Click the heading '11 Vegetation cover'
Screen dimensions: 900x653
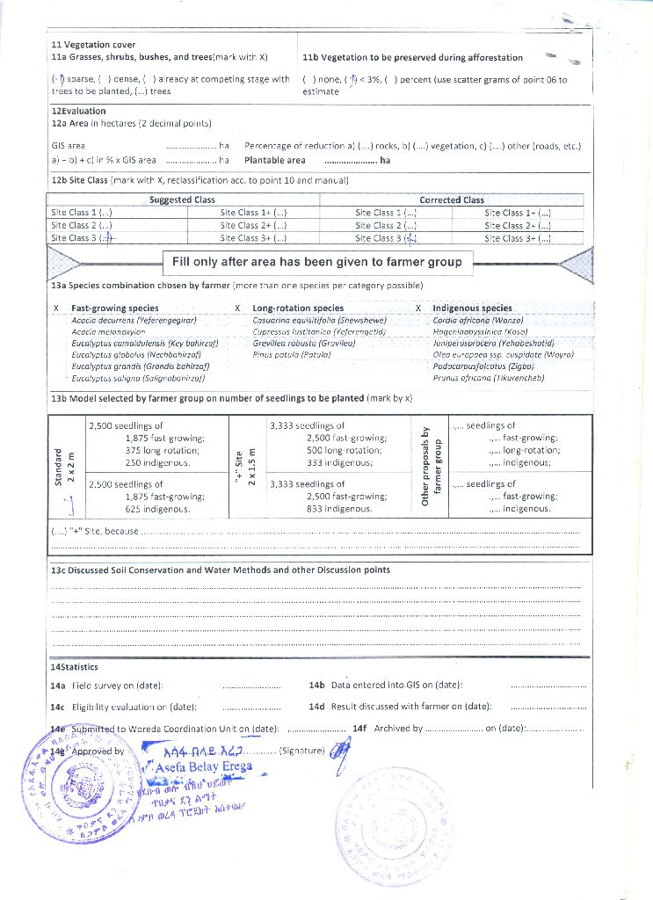tap(93, 45)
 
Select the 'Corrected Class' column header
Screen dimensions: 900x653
tap(452, 200)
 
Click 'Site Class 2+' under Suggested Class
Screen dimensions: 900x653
tap(253, 225)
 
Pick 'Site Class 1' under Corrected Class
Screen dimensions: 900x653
tap(385, 213)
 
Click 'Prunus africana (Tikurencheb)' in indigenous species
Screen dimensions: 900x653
tap(489, 377)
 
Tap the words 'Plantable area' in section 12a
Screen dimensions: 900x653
tap(275, 161)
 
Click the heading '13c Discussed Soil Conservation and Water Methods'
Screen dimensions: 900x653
tap(221, 570)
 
